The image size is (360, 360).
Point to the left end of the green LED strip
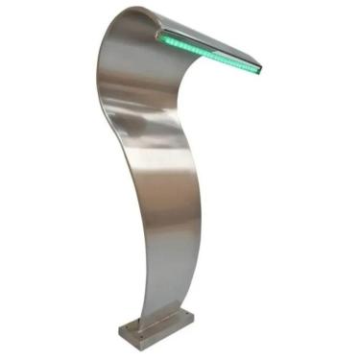click(160, 36)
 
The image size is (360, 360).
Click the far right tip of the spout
click(261, 66)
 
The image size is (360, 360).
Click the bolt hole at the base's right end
click(188, 318)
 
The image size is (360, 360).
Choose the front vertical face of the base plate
click(144, 335)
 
